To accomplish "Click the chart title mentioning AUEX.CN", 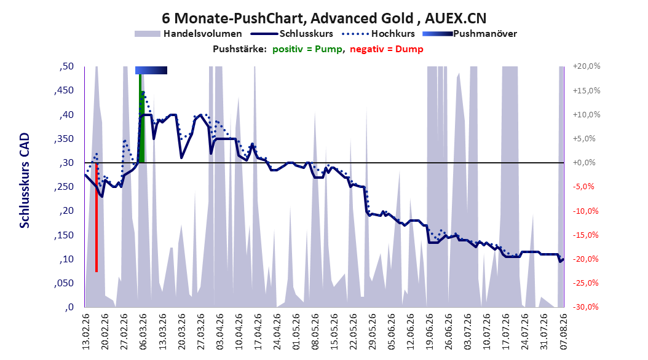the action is click(x=324, y=18).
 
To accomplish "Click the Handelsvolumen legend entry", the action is click(x=189, y=34).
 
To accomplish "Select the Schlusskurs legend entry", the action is click(x=292, y=34).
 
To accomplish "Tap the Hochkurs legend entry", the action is click(x=378, y=34).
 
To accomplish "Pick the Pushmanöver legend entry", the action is click(x=470, y=34).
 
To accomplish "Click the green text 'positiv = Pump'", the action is click(x=307, y=49).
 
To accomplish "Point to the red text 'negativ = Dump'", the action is click(x=387, y=49).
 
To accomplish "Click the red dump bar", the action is click(x=97, y=217).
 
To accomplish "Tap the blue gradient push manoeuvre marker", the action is click(x=151, y=70).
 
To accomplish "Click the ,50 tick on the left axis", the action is click(x=66, y=66).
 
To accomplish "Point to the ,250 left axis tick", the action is click(x=64, y=187).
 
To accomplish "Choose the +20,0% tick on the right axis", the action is click(x=587, y=66).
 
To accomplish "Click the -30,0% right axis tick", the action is click(x=587, y=307).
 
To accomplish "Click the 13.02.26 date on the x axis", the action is click(x=86, y=332).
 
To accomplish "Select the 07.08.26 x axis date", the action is click(x=563, y=332).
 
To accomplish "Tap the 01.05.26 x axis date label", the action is click(x=296, y=332).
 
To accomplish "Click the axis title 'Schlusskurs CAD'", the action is click(x=25, y=181).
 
